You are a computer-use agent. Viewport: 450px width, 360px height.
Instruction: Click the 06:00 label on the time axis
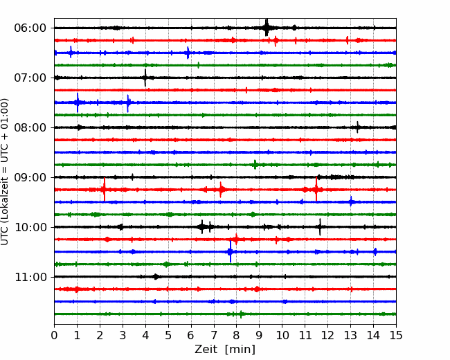[30, 28]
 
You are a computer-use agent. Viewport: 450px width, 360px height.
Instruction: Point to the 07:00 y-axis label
[30, 78]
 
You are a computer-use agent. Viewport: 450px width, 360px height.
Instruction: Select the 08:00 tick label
[30, 127]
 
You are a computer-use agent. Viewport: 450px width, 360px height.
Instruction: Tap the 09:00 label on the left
[30, 177]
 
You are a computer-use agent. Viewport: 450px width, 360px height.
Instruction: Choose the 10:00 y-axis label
[30, 227]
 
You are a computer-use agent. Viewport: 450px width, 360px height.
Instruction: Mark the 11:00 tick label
[30, 277]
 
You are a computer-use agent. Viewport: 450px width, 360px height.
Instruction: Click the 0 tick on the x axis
[54, 335]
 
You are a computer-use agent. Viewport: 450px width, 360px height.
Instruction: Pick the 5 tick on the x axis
[168, 335]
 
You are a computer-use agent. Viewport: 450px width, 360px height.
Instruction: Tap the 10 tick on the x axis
[282, 335]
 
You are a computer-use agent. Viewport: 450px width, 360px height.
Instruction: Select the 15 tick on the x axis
[396, 335]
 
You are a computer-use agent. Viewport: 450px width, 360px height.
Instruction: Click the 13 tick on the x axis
[350, 335]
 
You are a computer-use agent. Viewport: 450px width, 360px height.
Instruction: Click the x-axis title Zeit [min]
[225, 350]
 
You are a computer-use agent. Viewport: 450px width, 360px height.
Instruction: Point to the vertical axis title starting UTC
[4, 172]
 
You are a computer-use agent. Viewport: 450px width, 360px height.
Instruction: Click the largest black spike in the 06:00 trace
[267, 28]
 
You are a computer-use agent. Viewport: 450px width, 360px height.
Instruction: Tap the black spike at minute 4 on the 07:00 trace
[145, 78]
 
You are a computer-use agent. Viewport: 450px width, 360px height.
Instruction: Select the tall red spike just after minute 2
[104, 190]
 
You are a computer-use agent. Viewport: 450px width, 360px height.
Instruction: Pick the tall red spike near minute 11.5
[316, 189]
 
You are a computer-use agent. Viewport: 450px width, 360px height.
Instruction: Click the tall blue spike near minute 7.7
[230, 251]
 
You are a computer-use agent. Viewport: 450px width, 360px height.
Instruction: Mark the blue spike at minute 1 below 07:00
[78, 102]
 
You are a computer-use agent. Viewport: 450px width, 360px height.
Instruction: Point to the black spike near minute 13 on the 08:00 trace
[357, 127]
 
